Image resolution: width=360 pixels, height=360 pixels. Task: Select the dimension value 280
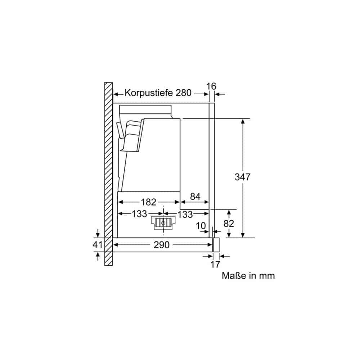[x=184, y=93]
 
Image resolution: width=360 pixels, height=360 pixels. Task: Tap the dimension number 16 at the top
[x=211, y=86]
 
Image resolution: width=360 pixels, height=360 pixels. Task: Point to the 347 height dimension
[x=242, y=177]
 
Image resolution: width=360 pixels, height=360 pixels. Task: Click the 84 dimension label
[x=195, y=197]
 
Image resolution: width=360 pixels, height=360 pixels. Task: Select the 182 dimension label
[x=149, y=202]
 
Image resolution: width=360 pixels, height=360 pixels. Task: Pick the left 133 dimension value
[x=139, y=214]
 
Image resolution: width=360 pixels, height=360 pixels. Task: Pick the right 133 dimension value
[x=185, y=215]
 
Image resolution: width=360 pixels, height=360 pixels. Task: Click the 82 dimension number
[x=229, y=224]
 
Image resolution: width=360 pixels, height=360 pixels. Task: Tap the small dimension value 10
[x=201, y=226]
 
